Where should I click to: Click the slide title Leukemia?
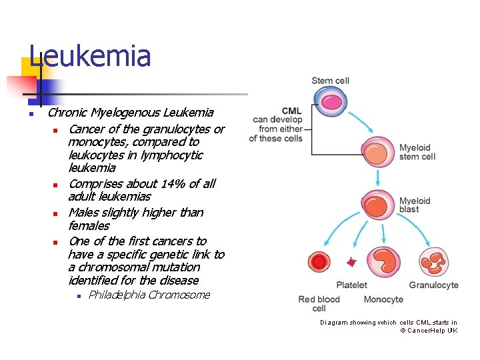(91, 56)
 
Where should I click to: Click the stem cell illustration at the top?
(331, 102)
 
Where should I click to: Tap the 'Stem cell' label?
(330, 81)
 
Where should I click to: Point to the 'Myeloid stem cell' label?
(417, 152)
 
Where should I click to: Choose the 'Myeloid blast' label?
(415, 205)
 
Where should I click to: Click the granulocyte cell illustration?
(433, 262)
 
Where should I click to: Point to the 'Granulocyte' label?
(433, 285)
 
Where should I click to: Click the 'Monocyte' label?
(383, 300)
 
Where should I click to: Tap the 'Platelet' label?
(351, 285)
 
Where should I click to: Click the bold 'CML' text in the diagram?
(291, 111)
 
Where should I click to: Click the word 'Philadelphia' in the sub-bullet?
(117, 295)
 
